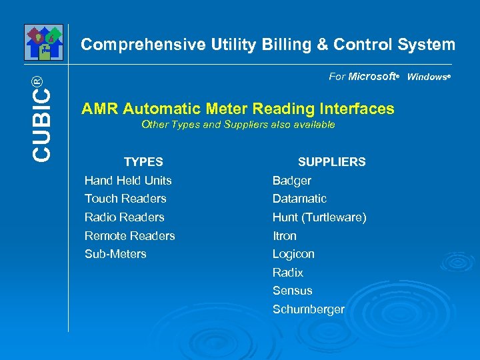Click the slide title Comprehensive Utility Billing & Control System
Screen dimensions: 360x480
(268, 45)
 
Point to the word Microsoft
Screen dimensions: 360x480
(372, 77)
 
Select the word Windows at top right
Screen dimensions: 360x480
(427, 77)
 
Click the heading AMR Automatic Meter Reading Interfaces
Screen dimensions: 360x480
(238, 109)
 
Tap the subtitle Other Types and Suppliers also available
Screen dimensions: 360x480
(238, 125)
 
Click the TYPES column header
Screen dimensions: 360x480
(143, 162)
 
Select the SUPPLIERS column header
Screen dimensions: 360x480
(331, 162)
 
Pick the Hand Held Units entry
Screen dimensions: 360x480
(128, 181)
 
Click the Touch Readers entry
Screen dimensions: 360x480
(125, 199)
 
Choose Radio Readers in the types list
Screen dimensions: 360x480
(124, 217)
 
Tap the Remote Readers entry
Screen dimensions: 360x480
(129, 236)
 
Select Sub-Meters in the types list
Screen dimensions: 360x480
(115, 254)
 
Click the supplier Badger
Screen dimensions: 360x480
(292, 181)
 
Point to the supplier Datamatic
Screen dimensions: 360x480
(299, 199)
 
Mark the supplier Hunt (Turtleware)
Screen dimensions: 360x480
(319, 217)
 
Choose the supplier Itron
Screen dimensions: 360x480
(285, 236)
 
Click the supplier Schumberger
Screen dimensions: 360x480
(308, 309)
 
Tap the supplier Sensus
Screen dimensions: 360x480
(292, 291)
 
